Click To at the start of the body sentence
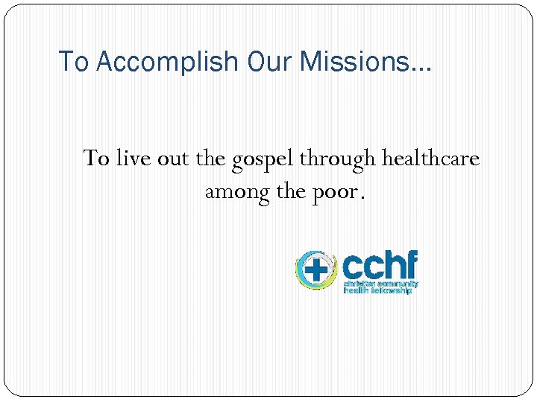pyautogui.click(x=97, y=159)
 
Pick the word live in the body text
pyautogui.click(x=131, y=159)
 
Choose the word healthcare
pyautogui.click(x=430, y=159)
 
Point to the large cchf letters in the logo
pyautogui.click(x=380, y=265)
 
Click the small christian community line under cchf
pyautogui.click(x=380, y=284)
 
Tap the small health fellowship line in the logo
pyautogui.click(x=377, y=290)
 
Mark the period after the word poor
pyautogui.click(x=362, y=198)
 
